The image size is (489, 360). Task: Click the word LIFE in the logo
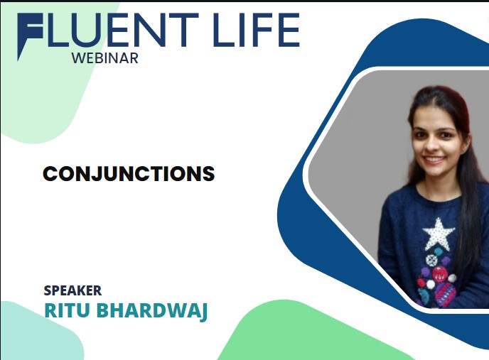257,30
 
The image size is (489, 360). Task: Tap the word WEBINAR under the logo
104,58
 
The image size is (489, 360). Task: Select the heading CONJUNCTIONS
129,173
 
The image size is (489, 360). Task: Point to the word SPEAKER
72,290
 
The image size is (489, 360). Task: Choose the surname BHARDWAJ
152,311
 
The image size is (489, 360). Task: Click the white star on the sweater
439,234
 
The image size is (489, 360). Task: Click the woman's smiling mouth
434,160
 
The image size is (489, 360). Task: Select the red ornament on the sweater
440,274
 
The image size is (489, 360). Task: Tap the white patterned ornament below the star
431,261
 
